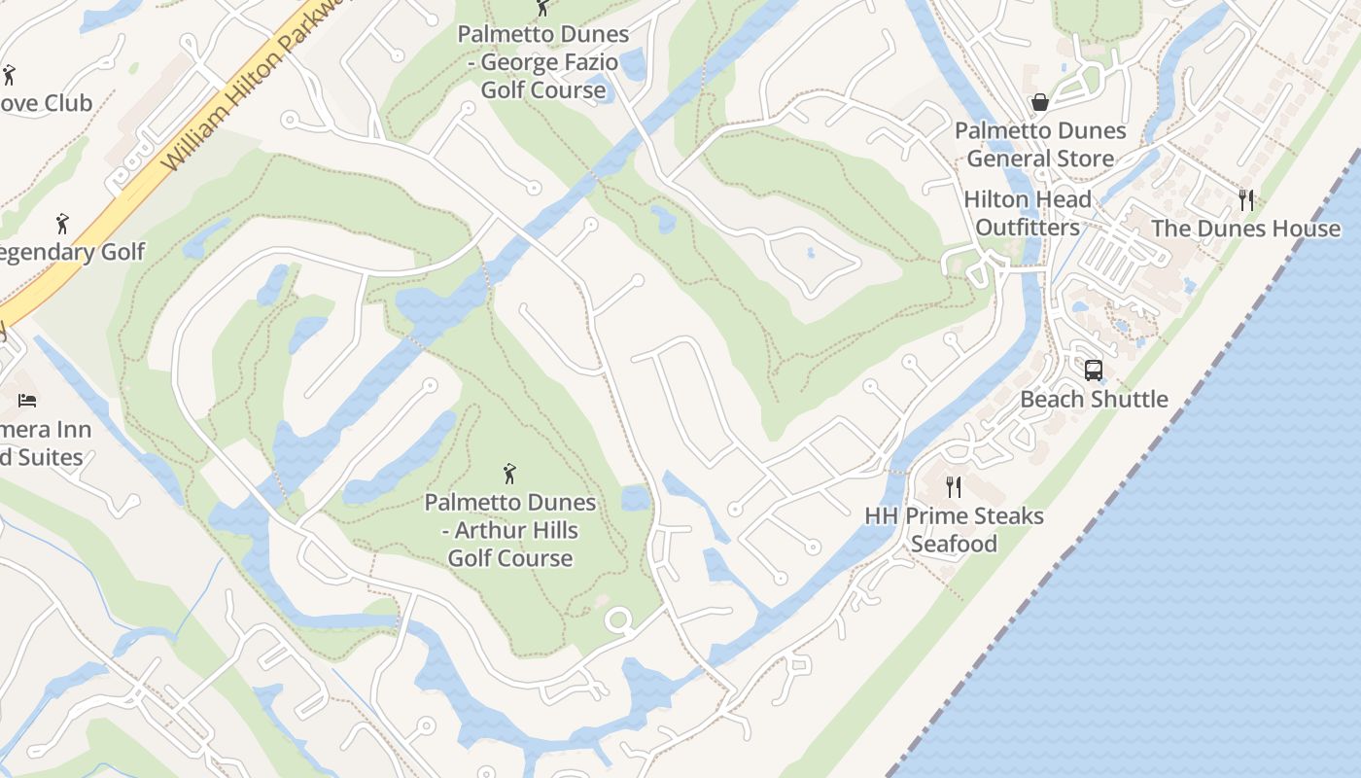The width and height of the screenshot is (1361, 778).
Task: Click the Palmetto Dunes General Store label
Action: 1040,144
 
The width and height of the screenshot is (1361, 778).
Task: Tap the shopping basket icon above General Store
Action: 1040,102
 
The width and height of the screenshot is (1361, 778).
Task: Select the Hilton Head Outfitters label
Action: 1028,213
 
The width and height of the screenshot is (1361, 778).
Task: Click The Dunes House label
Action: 1245,229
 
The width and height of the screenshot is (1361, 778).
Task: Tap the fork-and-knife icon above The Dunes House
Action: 1246,199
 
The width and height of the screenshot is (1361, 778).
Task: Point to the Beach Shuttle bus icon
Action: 1094,370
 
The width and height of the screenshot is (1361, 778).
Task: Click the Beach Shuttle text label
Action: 1094,399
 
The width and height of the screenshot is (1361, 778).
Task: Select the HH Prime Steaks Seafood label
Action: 954,529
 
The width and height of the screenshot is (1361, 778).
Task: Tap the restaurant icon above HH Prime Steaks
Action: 954,486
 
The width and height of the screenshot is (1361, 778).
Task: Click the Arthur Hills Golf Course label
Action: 509,530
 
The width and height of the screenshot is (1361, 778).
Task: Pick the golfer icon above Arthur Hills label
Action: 509,474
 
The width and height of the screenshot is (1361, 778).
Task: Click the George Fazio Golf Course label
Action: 544,62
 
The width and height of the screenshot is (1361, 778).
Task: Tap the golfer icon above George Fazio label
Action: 542,8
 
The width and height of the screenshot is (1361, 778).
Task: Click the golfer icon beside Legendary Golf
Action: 62,224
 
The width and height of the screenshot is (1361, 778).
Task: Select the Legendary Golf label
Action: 70,252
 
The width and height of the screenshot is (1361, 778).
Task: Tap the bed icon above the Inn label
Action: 27,400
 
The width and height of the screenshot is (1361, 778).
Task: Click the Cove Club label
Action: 44,103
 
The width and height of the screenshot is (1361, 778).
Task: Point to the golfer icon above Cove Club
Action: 9,75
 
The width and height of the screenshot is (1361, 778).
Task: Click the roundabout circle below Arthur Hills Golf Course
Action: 618,619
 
